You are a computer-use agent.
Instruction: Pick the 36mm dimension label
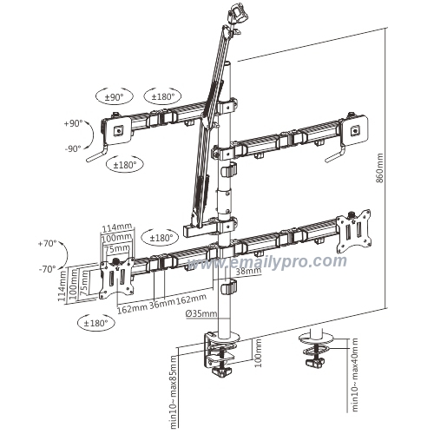(161, 306)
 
